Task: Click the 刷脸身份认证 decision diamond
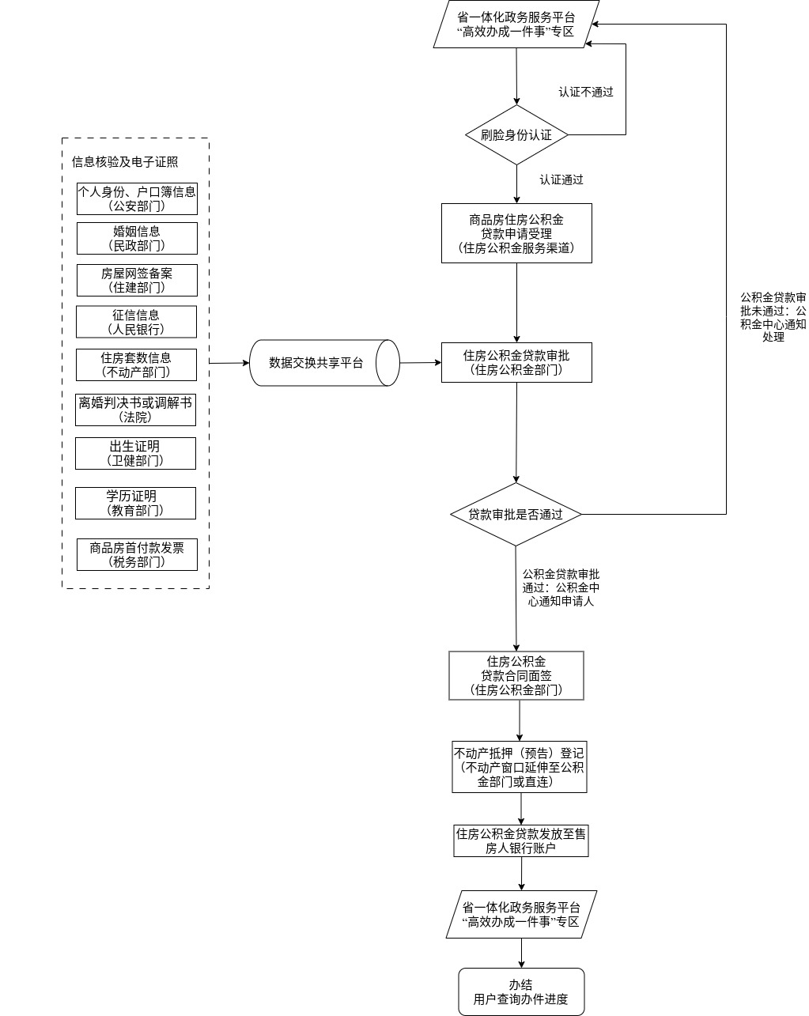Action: click(x=516, y=135)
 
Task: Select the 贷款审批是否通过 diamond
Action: click(x=516, y=514)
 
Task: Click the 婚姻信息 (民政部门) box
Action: click(x=137, y=238)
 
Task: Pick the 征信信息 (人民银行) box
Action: click(x=137, y=322)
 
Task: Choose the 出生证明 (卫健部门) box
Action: click(x=135, y=453)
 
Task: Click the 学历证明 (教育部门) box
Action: click(x=135, y=503)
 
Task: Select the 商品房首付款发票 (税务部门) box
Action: click(x=137, y=554)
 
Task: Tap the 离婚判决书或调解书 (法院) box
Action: click(x=135, y=410)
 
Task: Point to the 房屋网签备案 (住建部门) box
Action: click(x=137, y=280)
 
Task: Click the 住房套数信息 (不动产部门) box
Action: click(x=137, y=364)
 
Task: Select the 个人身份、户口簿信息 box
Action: click(x=137, y=198)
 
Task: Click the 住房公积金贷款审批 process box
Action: click(x=516, y=362)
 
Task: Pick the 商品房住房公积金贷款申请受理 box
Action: click(x=516, y=233)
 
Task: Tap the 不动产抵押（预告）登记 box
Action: click(x=519, y=767)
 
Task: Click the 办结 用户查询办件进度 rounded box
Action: click(x=521, y=991)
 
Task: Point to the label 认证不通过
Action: click(x=586, y=92)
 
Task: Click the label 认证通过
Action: click(x=561, y=179)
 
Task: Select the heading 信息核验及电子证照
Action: click(x=125, y=162)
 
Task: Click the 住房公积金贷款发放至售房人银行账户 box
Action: click(x=520, y=840)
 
